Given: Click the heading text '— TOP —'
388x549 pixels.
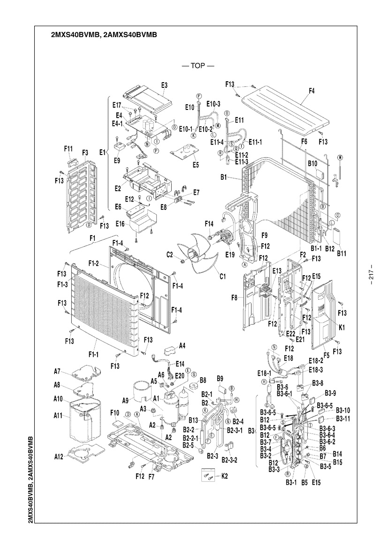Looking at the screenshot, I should (x=198, y=66).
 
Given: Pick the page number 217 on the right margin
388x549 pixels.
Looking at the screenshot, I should (x=370, y=274).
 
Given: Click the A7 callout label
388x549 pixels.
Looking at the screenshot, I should (x=57, y=371).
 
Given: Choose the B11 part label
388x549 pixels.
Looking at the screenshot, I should (x=342, y=253).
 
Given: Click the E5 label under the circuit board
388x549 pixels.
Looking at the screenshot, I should (x=195, y=165).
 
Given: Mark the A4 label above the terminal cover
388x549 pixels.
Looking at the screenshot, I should (x=182, y=346).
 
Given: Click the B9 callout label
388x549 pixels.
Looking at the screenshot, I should (x=220, y=378).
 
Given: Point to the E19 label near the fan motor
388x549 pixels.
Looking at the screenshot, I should (x=229, y=255).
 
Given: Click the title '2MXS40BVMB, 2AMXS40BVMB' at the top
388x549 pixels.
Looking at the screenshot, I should (x=103, y=35).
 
